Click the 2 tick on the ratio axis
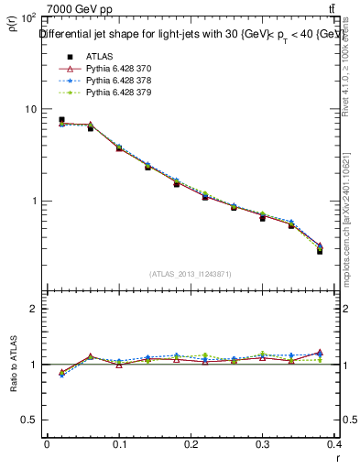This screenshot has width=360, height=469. pos(32,309)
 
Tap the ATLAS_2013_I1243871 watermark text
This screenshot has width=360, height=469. pos(190,274)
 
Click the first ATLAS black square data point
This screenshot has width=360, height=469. pos(61,120)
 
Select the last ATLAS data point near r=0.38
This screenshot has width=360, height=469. pos(320,250)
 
